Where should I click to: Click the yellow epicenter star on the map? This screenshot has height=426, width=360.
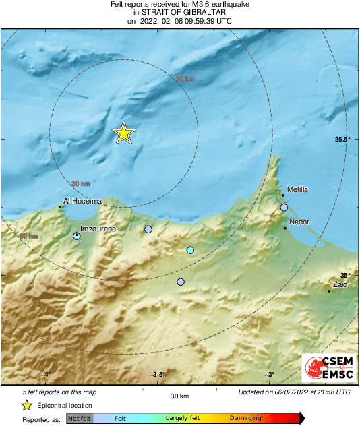(123, 133)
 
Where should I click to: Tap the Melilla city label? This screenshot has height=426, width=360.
(297, 190)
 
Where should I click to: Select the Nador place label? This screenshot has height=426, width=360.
(299, 222)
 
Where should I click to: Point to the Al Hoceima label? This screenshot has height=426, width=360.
(82, 201)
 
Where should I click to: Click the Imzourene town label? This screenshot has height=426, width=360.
(98, 229)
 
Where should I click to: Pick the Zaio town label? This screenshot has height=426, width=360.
(340, 285)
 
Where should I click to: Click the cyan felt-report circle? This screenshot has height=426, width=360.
(190, 251)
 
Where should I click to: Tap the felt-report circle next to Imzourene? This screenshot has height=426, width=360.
(77, 236)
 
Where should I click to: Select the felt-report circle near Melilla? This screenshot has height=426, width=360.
(284, 208)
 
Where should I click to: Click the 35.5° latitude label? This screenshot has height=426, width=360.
(343, 139)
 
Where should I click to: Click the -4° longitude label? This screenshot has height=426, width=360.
(45, 375)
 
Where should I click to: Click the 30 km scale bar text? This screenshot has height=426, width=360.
(179, 396)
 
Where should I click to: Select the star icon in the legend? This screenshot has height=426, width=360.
(27, 405)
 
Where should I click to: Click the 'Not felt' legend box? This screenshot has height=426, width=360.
(80, 419)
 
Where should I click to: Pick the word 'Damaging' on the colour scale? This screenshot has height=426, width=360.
(245, 419)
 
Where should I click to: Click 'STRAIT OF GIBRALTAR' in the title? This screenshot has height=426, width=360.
(181, 12)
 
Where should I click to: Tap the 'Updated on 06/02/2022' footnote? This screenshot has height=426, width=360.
(294, 392)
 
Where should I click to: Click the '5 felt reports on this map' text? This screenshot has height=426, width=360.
(59, 392)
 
